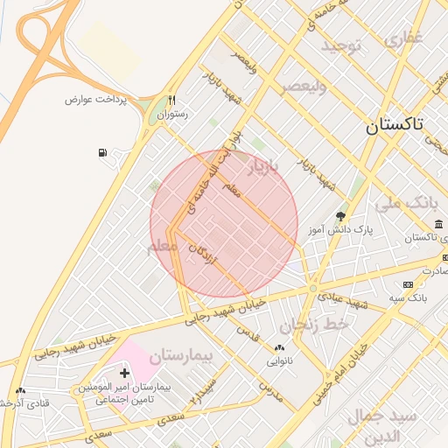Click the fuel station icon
103,153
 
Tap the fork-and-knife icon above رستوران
171,100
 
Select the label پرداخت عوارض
95,99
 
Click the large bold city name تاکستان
393,124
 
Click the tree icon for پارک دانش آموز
339,215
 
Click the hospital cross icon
124,373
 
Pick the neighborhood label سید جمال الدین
386,424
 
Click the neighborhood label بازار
267,167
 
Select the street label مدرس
271,390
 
